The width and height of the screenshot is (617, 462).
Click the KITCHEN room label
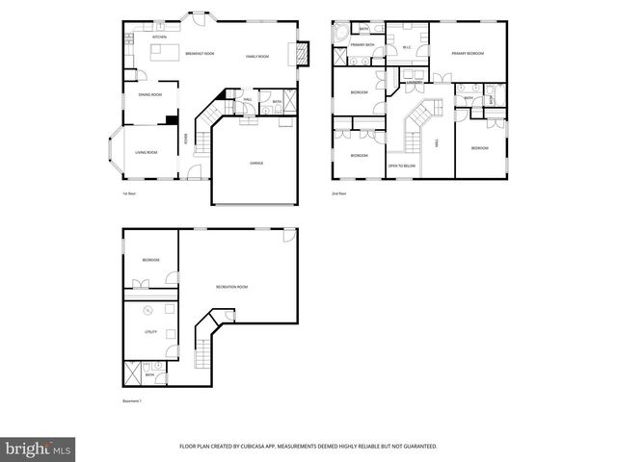pos(159,38)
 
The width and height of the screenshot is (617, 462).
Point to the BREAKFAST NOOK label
pos(200,55)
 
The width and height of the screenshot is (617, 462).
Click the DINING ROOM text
pos(149,95)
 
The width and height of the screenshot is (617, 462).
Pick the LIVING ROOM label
pos(147,153)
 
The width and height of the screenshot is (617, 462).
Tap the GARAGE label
pos(256,163)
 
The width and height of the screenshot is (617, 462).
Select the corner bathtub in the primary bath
pos(340,33)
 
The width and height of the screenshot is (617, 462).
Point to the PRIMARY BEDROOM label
pos(468,54)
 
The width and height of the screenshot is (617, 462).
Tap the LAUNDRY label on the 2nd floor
pos(416,83)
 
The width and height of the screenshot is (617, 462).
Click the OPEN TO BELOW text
pos(402,166)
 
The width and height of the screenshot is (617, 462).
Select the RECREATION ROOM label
pos(231,288)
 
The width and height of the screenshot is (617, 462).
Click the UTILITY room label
pos(151,332)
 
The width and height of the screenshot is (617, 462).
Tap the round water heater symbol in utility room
pos(148,310)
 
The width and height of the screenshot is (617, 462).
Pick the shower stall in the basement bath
pos(132,371)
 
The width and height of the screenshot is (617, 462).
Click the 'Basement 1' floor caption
pos(132,400)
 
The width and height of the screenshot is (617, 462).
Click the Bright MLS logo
pos(38,449)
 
